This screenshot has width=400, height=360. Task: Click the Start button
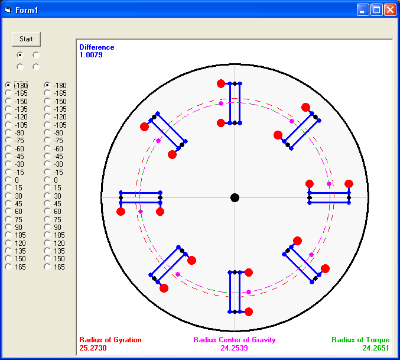click(26, 39)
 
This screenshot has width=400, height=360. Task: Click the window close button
click(390, 10)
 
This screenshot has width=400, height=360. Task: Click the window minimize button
click(363, 10)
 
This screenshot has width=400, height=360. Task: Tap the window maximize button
click(376, 10)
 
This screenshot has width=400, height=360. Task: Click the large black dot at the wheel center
click(235, 197)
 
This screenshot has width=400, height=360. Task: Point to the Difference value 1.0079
click(91, 55)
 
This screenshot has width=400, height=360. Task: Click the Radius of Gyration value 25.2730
click(93, 348)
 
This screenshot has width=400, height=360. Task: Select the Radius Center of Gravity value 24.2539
click(234, 348)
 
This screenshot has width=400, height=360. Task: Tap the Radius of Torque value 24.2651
click(376, 348)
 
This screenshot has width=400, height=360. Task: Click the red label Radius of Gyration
click(110, 340)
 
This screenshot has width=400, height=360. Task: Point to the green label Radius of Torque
click(360, 340)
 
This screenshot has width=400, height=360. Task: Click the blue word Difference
click(97, 47)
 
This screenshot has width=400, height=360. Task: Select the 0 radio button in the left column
click(8, 180)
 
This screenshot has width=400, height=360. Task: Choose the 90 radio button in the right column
click(47, 227)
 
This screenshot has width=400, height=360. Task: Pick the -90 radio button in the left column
click(8, 132)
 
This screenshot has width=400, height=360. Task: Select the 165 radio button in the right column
click(47, 267)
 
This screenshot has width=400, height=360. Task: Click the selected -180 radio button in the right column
click(47, 85)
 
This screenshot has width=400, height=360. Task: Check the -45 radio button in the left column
click(8, 156)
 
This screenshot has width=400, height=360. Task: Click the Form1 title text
click(27, 10)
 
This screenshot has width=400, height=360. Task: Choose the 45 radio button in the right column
click(47, 203)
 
